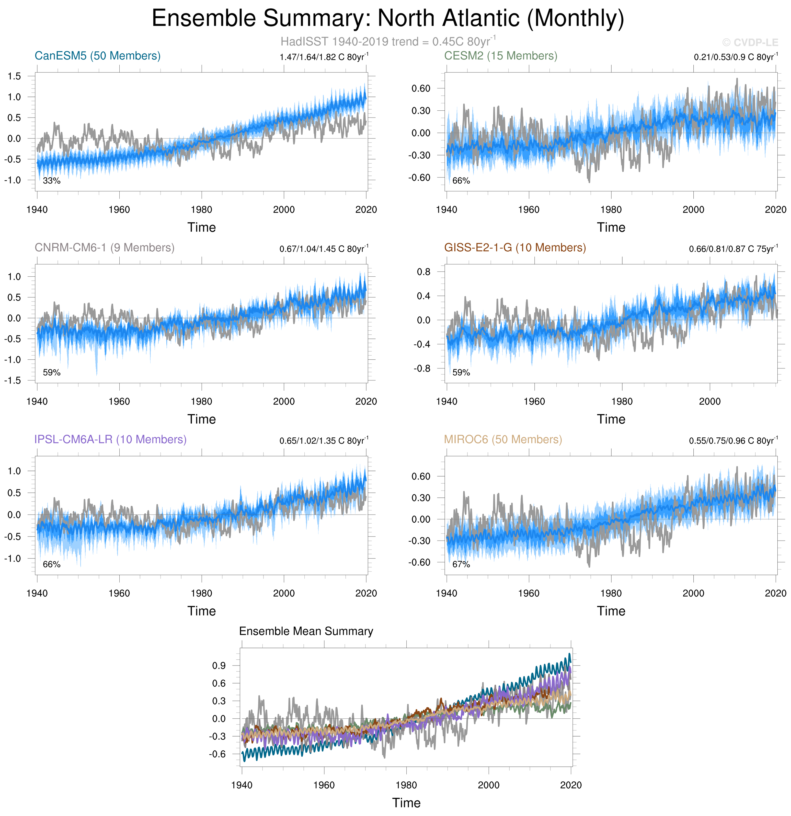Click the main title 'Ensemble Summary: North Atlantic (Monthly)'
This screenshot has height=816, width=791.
pyautogui.click(x=388, y=19)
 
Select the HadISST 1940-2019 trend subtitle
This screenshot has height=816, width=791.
pyautogui.click(x=388, y=42)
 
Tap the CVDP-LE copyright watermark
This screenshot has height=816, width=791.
pyautogui.click(x=750, y=42)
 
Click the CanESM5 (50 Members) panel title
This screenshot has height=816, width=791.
pyautogui.click(x=97, y=56)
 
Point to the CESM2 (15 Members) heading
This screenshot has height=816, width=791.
pyautogui.click(x=500, y=56)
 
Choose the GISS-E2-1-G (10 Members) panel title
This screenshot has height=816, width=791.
pyautogui.click(x=515, y=248)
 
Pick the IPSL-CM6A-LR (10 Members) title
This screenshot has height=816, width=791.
pyautogui.click(x=110, y=440)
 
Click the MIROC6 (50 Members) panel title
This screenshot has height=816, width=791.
pyautogui.click(x=503, y=440)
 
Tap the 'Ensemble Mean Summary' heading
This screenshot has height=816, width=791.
pyautogui.click(x=306, y=631)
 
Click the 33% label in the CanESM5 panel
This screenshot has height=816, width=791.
pyautogui.click(x=52, y=181)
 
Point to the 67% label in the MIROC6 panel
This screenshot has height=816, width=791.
pyautogui.click(x=461, y=565)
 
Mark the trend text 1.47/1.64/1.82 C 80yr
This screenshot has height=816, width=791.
pyautogui.click(x=324, y=57)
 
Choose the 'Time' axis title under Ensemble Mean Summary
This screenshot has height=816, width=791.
pyautogui.click(x=406, y=803)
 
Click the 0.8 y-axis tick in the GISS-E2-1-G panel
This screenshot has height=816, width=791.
pyautogui.click(x=424, y=272)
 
